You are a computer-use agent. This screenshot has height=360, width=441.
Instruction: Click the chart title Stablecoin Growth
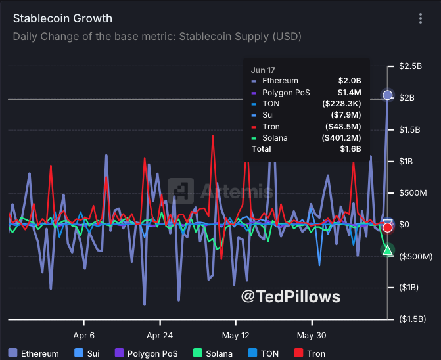click(x=62, y=18)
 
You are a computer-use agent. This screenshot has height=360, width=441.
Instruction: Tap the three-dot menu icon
click(x=421, y=19)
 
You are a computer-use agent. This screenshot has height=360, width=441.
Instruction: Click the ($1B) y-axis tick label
click(x=411, y=287)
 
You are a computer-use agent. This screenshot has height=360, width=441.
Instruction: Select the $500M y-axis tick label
click(x=413, y=192)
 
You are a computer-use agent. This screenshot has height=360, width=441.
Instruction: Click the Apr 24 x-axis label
click(x=160, y=335)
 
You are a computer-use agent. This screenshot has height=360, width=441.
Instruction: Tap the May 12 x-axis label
click(x=236, y=335)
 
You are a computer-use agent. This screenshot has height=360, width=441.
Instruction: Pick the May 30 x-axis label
click(x=312, y=335)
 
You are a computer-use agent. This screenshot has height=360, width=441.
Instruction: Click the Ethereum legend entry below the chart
click(x=34, y=353)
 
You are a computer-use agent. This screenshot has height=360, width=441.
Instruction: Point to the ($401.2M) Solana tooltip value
click(x=342, y=138)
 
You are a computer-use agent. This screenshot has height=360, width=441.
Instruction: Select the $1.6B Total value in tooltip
click(x=350, y=149)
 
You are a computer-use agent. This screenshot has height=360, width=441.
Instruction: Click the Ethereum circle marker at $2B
click(x=388, y=95)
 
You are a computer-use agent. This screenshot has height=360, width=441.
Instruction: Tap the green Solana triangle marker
click(x=388, y=250)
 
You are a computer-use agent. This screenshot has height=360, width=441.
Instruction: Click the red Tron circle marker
click(x=388, y=227)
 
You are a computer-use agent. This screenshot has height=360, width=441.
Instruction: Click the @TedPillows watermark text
click(x=290, y=297)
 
